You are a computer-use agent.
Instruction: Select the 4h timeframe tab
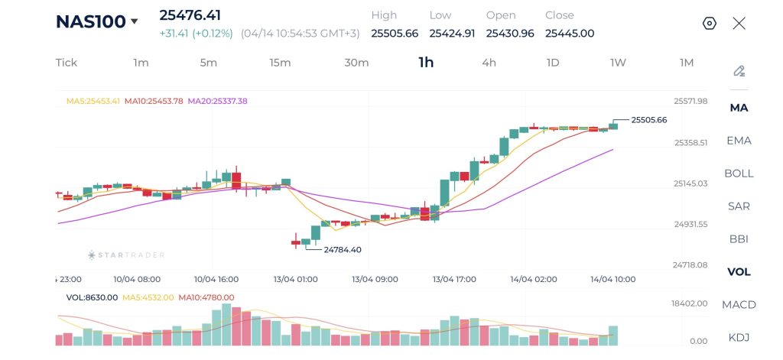tap(489, 63)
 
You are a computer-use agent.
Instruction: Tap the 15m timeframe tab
tap(280, 63)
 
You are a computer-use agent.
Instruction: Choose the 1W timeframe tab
tap(618, 63)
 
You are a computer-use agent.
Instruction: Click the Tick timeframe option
tap(67, 63)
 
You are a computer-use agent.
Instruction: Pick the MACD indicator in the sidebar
tap(739, 304)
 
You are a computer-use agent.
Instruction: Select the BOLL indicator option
tap(739, 173)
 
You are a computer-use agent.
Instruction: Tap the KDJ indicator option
tap(739, 337)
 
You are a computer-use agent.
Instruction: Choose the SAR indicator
tap(739, 206)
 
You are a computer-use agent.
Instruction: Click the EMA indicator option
tap(739, 140)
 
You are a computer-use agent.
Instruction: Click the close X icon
tap(739, 23)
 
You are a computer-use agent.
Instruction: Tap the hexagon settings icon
tap(709, 23)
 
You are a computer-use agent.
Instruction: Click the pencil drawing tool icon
tap(739, 71)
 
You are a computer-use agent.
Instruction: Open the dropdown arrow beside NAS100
tap(135, 21)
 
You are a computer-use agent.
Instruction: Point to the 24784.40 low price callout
tap(343, 249)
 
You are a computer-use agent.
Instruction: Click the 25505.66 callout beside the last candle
tap(649, 119)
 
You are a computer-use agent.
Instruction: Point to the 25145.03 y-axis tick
tap(690, 183)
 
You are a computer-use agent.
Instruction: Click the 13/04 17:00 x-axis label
tap(454, 279)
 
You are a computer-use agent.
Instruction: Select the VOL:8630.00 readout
tap(92, 297)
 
